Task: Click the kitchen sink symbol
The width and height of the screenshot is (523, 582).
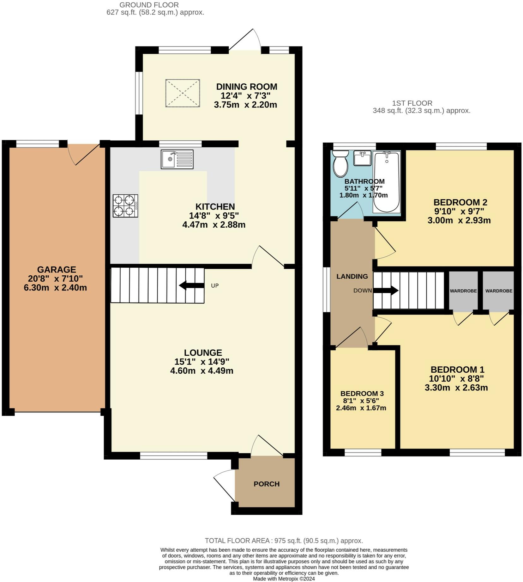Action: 177,159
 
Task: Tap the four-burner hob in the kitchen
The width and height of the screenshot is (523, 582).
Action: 125,205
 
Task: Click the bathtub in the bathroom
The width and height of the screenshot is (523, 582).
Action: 387,182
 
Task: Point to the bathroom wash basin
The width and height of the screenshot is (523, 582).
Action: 362,158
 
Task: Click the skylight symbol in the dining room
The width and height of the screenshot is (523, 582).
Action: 183,93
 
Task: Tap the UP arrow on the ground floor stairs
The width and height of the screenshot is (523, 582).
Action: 191,285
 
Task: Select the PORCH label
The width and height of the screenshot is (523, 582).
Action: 267,484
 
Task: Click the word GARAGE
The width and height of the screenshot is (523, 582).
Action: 57,269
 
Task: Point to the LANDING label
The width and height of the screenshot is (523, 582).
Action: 352,276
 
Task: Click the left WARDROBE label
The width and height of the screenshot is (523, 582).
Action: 463,291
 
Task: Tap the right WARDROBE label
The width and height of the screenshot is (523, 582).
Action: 499,291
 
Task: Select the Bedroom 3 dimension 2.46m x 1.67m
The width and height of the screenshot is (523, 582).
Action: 361,408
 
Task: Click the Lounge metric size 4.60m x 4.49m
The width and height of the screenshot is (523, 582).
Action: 201,371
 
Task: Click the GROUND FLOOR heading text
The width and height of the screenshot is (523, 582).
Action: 149,5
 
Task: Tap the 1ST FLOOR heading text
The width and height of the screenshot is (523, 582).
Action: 412,103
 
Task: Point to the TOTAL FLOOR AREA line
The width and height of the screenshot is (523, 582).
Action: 284,541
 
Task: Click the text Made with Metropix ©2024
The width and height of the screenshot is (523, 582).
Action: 284,579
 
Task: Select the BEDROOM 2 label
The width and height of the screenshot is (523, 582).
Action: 460,202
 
